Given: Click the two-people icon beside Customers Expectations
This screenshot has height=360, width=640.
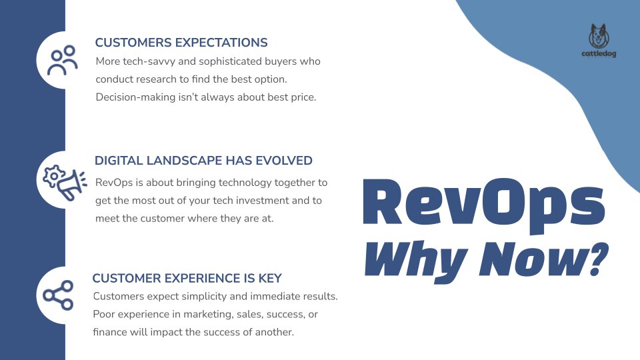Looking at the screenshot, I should pyautogui.click(x=65, y=61).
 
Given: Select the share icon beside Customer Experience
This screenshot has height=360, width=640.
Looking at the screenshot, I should pyautogui.click(x=58, y=295).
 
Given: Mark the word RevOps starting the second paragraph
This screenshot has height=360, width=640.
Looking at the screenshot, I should pyautogui.click(x=112, y=182).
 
